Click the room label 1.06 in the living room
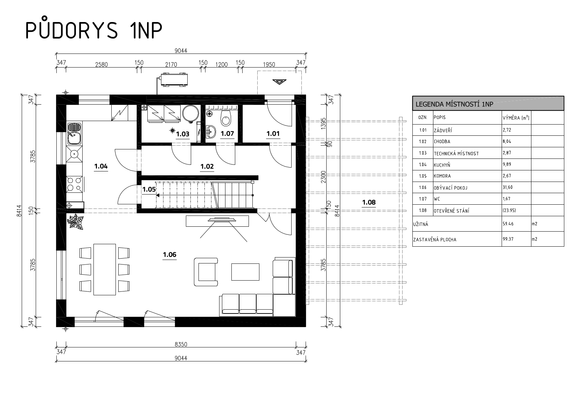[x=169, y=255]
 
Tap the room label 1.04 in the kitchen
[x=101, y=166]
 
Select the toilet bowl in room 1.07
[x=226, y=118]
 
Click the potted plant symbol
[x=76, y=222]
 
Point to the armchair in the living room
[x=206, y=272]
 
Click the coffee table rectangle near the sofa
[x=245, y=272]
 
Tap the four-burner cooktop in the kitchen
[x=75, y=184]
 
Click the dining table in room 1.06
[x=104, y=269]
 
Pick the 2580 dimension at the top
[x=101, y=65]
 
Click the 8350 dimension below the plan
[x=181, y=344]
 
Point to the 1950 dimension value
[x=269, y=65]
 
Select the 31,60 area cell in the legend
[x=508, y=187]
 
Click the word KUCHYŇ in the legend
[x=442, y=164]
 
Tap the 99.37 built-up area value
[x=508, y=239]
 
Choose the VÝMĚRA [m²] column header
[x=516, y=118]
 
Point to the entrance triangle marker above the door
[x=279, y=82]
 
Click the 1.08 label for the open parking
[x=369, y=202]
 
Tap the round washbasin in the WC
[x=211, y=132]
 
